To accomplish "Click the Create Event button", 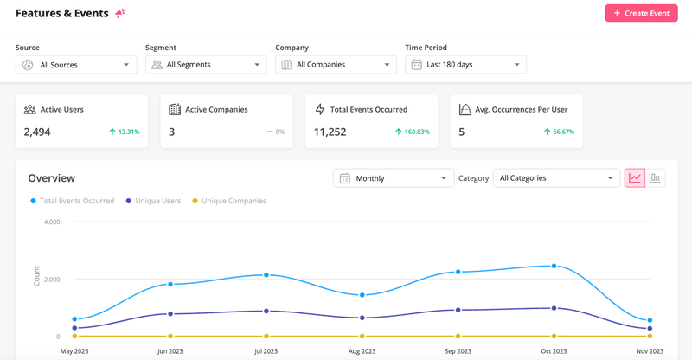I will pos(641,13).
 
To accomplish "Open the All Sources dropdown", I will pos(76,65).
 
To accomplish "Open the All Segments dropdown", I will pos(206,65).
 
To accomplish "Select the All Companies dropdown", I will pos(336,65).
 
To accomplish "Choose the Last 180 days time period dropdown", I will pos(465,65).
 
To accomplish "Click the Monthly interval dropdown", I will pos(394,178).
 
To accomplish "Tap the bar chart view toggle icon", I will pos(655,178).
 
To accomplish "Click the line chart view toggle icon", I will pos(635,178).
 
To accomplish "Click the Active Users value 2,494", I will pos(37,132).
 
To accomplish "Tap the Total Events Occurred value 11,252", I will pos(330,132).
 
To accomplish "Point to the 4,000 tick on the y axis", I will pos(51,222).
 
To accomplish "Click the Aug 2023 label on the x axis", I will pos(362,351).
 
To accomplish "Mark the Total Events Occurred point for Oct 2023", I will pos(554,266).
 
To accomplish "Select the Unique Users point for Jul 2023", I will pos(266,311).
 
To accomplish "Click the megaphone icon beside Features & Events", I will pos(120,13).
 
